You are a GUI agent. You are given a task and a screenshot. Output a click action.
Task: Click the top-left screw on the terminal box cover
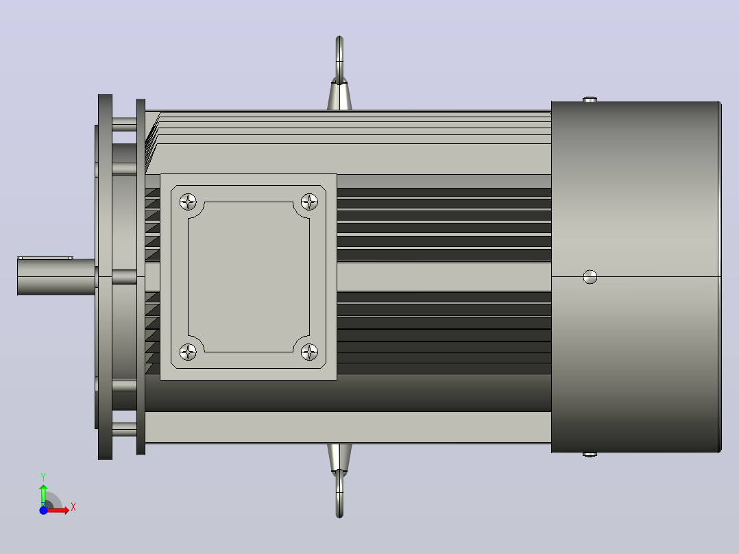point(188,202)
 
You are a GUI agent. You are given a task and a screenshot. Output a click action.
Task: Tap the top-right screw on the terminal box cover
point(309,202)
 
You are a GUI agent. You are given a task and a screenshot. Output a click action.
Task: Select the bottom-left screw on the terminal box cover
point(188,352)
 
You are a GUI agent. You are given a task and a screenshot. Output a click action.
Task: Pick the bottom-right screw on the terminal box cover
point(309,352)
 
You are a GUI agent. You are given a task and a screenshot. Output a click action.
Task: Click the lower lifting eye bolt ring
point(339,495)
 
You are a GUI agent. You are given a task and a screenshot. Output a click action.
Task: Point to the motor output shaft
point(56,277)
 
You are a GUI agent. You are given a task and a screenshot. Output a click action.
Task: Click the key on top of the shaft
point(45,258)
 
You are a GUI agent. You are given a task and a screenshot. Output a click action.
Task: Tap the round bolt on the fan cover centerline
point(590,277)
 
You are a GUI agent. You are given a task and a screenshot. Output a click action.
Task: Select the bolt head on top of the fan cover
point(590,99)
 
